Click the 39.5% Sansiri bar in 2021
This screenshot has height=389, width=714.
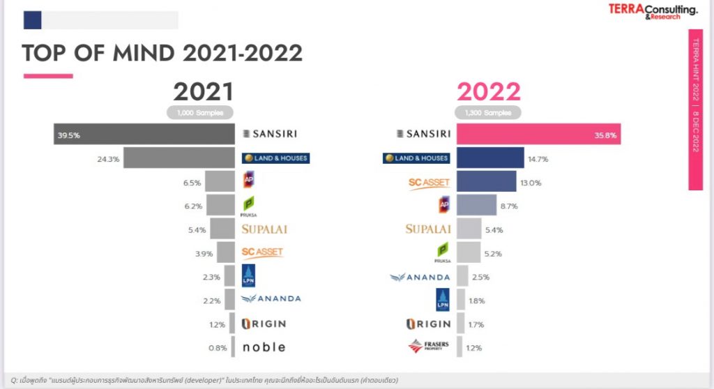[144, 135]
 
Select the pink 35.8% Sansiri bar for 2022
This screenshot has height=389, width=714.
[538, 135]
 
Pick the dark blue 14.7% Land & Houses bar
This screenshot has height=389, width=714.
[490, 158]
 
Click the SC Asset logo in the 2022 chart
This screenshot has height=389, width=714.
[428, 183]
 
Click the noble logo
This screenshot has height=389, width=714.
[264, 347]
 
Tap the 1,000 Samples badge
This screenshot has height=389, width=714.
[199, 112]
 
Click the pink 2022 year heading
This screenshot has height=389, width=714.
[489, 92]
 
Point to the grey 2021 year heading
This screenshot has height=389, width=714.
[203, 92]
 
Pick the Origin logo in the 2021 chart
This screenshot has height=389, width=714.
[264, 323]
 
